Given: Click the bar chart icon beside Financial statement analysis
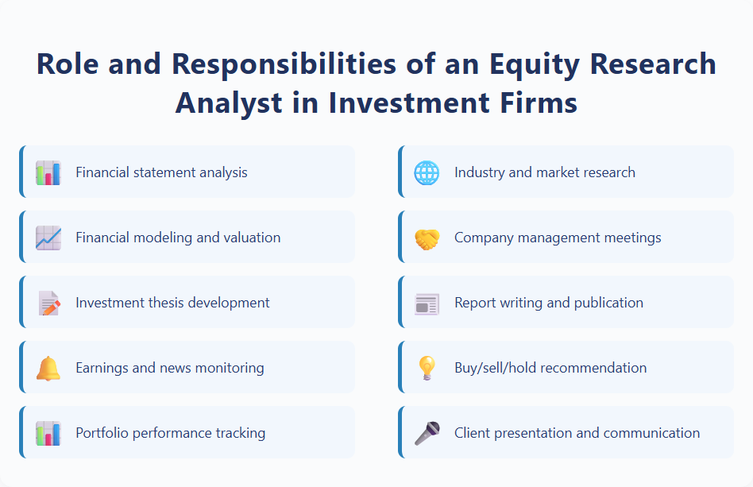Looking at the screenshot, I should point(48,172).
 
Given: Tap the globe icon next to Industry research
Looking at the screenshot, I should point(427,172).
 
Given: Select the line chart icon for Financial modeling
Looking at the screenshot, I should point(48,238).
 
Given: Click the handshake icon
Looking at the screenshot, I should point(427,238).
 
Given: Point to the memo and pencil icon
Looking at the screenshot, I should point(48,303).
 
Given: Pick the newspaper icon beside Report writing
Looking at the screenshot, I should point(427,303).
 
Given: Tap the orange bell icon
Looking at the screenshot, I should point(48,368).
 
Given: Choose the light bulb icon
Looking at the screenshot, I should point(427,368).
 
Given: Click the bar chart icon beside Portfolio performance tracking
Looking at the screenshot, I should point(48,433).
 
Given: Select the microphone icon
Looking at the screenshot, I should point(427,433).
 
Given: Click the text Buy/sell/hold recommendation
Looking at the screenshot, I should point(550,368).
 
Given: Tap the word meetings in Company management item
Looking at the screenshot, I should point(631,238).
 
